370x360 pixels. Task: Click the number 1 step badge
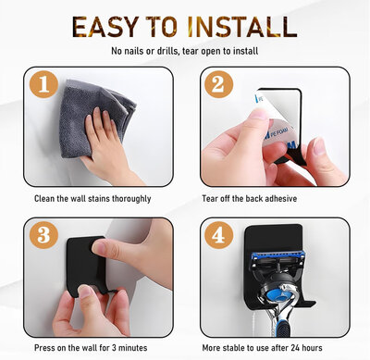[43, 84]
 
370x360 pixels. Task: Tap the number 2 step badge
[218, 84]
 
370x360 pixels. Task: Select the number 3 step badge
[43, 235]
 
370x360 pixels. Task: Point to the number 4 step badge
[218, 235]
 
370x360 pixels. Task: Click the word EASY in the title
[105, 27]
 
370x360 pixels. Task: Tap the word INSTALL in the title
[242, 27]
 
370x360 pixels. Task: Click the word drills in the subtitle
[166, 51]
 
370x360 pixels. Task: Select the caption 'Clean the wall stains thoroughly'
[92, 199]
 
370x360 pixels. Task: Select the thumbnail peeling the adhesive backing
[258, 114]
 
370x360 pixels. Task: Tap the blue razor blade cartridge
[278, 257]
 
